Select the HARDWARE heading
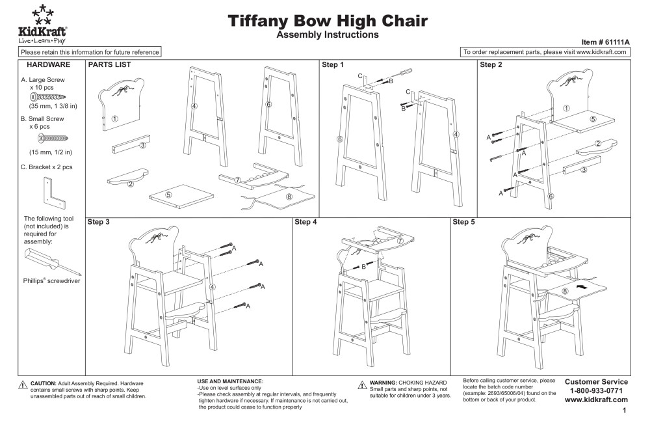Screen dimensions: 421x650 [47, 65]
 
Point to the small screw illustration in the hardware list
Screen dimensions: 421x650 [55, 139]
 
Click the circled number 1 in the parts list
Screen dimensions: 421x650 [114, 118]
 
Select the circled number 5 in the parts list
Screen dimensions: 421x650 [168, 194]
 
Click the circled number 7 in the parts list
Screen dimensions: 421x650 [238, 180]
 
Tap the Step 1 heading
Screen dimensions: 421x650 [333, 65]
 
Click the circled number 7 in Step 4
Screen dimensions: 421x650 [400, 240]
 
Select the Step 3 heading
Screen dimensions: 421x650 [98, 222]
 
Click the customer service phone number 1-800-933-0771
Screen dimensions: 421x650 [596, 390]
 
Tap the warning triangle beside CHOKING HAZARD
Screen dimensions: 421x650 [363, 385]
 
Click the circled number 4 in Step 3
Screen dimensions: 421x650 [212, 287]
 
